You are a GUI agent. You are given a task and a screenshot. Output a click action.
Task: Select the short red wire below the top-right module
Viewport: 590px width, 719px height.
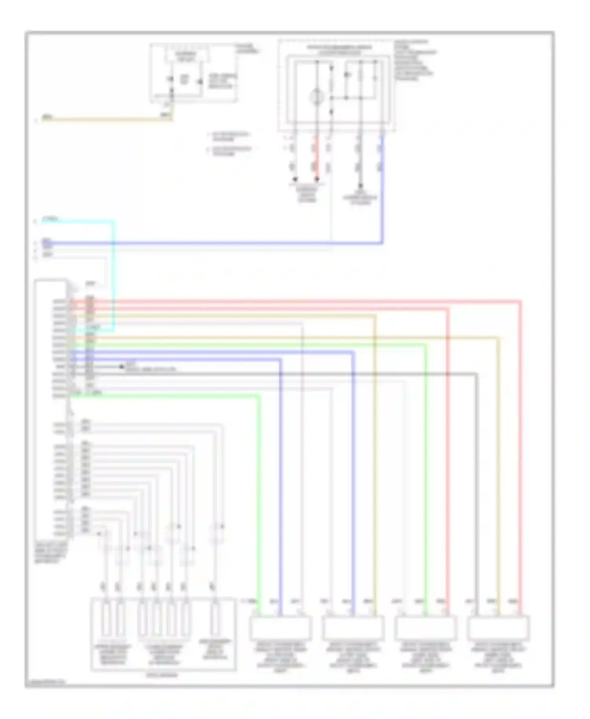click(x=316, y=157)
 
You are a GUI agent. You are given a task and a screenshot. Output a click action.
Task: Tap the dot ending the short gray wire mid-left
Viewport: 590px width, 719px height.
click(x=122, y=367)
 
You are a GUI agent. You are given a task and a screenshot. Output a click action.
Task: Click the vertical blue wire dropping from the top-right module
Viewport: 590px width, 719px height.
click(x=382, y=189)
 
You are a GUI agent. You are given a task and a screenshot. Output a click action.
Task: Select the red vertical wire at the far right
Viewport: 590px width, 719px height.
click(x=520, y=452)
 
